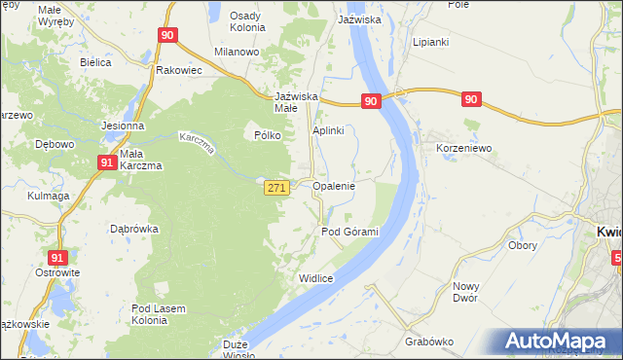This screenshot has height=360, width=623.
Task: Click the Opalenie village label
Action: pos(333,185)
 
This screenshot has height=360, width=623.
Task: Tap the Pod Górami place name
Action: pos(349,232)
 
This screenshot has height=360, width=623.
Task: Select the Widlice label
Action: pos(316,278)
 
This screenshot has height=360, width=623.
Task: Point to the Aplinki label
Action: pos(329,131)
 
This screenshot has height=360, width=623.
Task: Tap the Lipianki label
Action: pos(429,44)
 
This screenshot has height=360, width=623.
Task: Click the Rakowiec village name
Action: pos(178,70)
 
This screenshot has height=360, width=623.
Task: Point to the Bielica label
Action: pos(96,62)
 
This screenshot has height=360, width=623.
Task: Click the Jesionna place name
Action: pos(123,126)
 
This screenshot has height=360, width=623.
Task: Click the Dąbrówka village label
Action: pos(134,230)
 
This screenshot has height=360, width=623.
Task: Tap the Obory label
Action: pos(523,245)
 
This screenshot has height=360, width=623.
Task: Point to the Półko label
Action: pos(268,136)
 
